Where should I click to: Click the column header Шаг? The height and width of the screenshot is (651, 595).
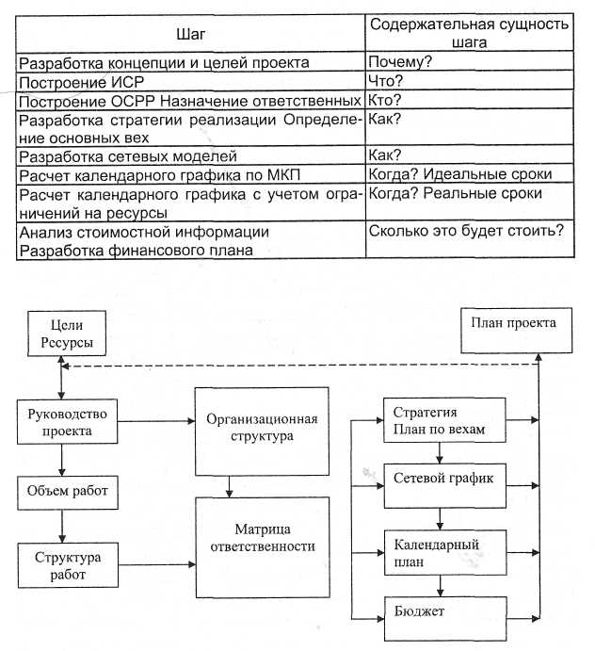click(x=189, y=34)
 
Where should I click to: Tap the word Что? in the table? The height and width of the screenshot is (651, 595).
click(x=386, y=81)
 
